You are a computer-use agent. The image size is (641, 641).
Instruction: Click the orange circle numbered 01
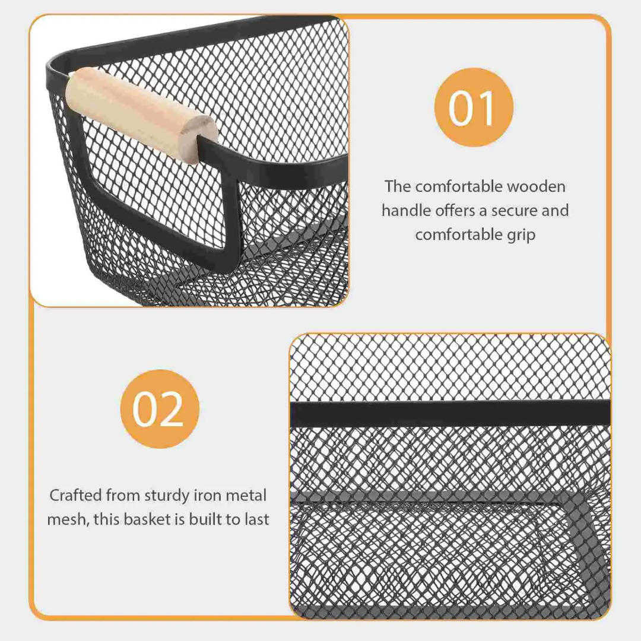point(473,107)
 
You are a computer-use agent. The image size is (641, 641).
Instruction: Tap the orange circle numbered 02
point(159,409)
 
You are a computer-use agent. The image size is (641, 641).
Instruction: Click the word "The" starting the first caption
point(397,186)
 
